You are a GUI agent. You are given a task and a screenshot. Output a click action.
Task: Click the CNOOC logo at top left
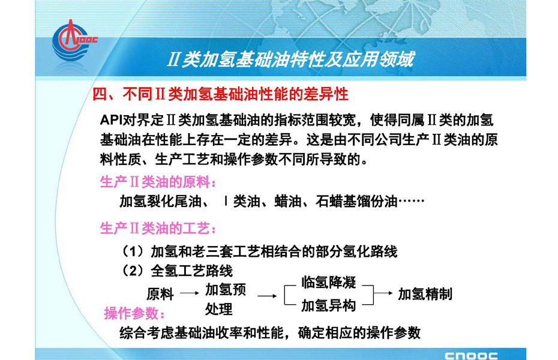pos(73,41)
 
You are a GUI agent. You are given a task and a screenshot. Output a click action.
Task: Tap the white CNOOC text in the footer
pos(471,356)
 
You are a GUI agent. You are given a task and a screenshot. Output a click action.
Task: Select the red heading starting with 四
pos(220,94)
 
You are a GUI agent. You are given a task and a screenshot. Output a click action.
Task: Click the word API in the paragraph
pos(110,120)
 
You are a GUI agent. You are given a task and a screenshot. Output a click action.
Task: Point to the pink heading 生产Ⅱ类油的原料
pos(158,182)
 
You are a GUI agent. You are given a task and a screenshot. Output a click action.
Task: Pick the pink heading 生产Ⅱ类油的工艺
pos(158,228)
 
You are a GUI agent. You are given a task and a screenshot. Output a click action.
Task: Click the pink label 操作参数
pos(134,313)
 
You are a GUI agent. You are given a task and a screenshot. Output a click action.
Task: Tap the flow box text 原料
pos(160,294)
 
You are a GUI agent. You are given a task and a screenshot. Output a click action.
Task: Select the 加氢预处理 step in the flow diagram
pos(225,299)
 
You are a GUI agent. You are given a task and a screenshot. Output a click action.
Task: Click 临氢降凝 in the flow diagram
pos(328,282)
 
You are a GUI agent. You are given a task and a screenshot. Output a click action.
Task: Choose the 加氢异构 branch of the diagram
pos(328,305)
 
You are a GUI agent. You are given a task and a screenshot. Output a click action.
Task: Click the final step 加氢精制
pos(425,294)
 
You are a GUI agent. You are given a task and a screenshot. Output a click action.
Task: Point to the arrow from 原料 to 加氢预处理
pos(190,293)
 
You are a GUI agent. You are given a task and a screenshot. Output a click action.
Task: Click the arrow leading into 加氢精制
pos(383,293)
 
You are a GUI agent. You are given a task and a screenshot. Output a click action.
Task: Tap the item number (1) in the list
pos(133,251)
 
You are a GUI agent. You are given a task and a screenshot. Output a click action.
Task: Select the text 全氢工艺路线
pos(191,271)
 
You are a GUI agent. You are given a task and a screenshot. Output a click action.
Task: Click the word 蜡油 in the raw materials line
pos(288,202)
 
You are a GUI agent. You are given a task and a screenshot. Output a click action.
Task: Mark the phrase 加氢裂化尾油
pos(160,202)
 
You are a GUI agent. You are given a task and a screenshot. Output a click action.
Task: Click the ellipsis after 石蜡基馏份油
pos(412,202)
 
